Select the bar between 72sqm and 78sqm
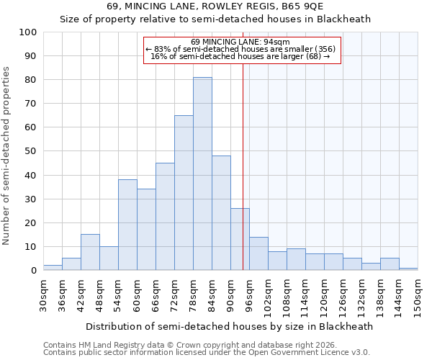(x=184, y=193)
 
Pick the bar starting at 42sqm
(x=90, y=252)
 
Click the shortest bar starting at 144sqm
(x=408, y=269)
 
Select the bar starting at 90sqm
(x=240, y=239)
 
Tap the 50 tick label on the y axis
(x=30, y=151)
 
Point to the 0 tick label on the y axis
(x=33, y=271)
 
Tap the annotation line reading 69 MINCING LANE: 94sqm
(x=240, y=42)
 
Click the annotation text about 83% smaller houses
(x=240, y=49)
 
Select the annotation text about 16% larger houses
(x=240, y=56)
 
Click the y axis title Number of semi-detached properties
(x=6, y=156)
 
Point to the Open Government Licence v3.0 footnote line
(x=207, y=352)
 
